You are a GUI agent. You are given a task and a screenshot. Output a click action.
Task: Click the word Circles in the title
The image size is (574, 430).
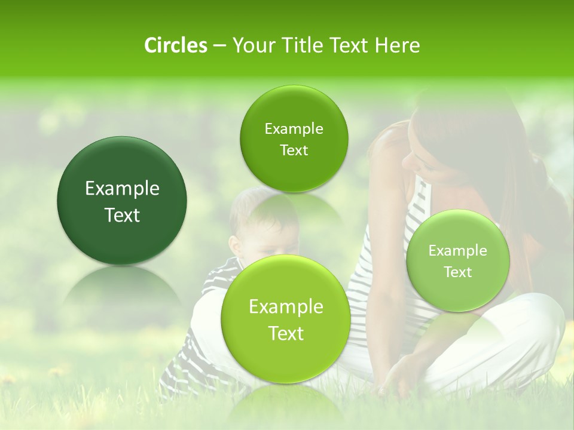(175, 45)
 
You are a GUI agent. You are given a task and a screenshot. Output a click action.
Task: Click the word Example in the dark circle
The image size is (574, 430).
(122, 189)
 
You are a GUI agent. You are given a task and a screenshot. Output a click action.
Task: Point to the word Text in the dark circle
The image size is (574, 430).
(122, 215)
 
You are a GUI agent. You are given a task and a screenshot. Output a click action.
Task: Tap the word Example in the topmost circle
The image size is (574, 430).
(294, 128)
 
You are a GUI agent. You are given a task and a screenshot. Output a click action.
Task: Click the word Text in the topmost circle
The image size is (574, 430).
(294, 150)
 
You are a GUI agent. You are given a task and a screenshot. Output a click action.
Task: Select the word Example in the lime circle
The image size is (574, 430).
(286, 307)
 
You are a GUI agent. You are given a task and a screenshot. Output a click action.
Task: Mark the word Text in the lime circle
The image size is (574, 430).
(286, 333)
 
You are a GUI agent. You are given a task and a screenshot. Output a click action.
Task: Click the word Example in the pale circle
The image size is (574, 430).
(457, 250)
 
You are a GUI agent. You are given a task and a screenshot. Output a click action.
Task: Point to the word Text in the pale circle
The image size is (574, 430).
(457, 272)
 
